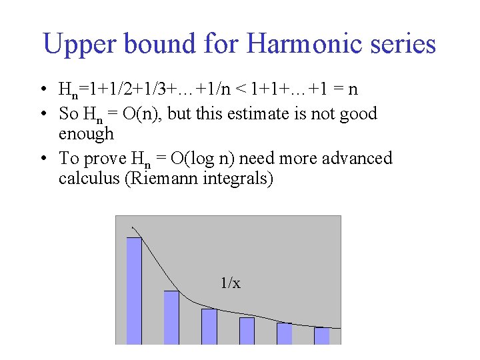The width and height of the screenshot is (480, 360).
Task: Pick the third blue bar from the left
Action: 209,326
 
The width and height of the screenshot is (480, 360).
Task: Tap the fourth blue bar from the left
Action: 247,330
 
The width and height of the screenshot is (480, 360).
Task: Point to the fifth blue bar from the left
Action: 285,333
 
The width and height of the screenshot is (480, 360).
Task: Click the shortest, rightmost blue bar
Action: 322,335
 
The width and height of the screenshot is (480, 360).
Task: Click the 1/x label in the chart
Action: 231,283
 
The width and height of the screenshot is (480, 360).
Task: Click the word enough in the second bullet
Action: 87,134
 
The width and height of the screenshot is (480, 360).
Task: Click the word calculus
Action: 89,179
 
